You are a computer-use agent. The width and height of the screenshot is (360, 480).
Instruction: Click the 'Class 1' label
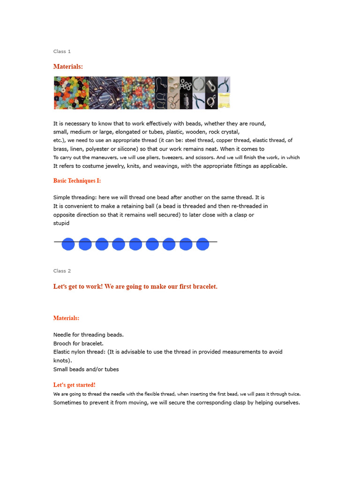[x=62, y=51]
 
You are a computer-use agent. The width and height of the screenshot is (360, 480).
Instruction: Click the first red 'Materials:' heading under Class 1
[x=68, y=67]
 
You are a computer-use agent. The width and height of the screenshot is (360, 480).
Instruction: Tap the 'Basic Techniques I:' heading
[x=77, y=180]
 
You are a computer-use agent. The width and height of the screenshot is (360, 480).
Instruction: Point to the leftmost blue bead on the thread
[x=68, y=244]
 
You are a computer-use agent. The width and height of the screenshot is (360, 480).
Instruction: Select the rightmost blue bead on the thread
[x=202, y=244]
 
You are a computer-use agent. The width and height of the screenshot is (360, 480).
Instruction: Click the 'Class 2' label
[x=62, y=270]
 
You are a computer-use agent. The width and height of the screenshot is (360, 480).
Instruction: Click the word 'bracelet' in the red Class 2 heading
[x=204, y=286]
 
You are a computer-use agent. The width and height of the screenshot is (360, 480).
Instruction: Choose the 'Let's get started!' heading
[x=74, y=385]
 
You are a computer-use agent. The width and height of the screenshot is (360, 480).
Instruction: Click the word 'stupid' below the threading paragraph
[x=61, y=223]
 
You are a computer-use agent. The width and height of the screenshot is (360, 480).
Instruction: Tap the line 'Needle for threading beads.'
[x=89, y=334]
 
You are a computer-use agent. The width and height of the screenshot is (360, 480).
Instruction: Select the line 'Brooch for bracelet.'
[x=78, y=343]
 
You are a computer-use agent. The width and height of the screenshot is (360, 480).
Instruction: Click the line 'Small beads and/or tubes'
[x=86, y=369]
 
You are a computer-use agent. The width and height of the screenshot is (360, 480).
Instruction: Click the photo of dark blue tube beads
[x=105, y=93]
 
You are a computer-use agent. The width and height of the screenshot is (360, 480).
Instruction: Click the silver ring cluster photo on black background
[x=186, y=85]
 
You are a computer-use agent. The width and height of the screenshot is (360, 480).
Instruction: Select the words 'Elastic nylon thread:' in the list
[x=81, y=352]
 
